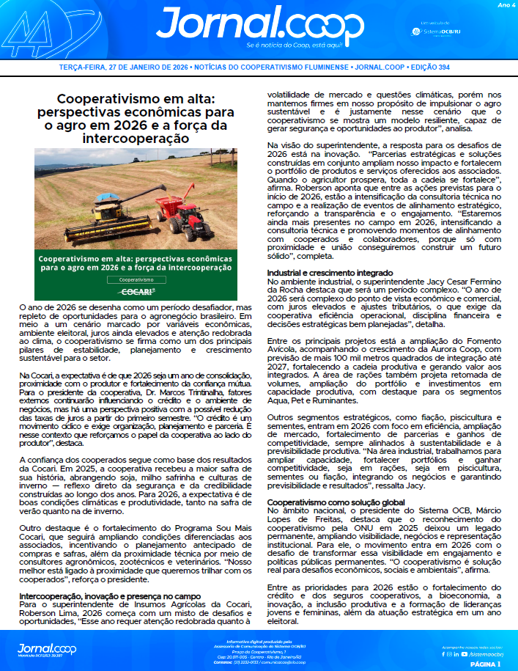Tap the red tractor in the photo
(x=180, y=220)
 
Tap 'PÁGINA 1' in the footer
(x=484, y=664)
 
